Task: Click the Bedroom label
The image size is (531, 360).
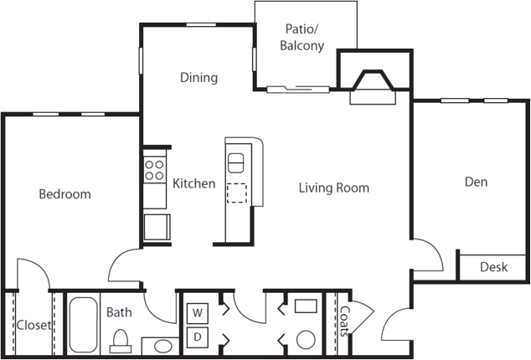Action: (65, 194)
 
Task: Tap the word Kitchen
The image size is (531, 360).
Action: (194, 183)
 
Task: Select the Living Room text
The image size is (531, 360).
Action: (334, 188)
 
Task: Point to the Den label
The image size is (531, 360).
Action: (476, 182)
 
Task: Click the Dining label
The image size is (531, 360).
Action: (198, 78)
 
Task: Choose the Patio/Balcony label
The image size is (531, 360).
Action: (302, 37)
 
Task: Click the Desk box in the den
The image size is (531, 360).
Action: (492, 267)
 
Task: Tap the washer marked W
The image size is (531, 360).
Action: (198, 313)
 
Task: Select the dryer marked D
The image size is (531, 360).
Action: (198, 337)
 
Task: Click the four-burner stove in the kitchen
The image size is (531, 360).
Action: (154, 170)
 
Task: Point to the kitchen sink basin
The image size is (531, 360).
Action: (235, 163)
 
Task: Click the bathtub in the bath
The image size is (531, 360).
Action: (83, 325)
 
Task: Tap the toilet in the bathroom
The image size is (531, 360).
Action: (121, 342)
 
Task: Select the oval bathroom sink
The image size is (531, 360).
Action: (162, 346)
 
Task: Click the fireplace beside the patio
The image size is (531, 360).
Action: (373, 87)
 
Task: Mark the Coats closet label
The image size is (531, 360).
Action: (344, 321)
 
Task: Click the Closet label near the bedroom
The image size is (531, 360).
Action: (34, 325)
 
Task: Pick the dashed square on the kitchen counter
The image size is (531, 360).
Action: (237, 193)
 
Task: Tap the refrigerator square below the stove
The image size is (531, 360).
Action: (157, 227)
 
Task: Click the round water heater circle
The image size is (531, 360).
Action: (306, 340)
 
